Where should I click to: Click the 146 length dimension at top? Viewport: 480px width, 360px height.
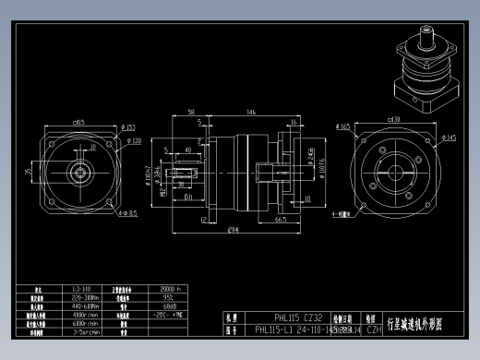point(249,112)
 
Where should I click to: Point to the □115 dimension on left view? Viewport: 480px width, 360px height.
point(78,121)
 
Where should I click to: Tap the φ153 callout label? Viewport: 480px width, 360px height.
point(127,127)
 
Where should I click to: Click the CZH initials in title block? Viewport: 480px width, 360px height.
point(374,329)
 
